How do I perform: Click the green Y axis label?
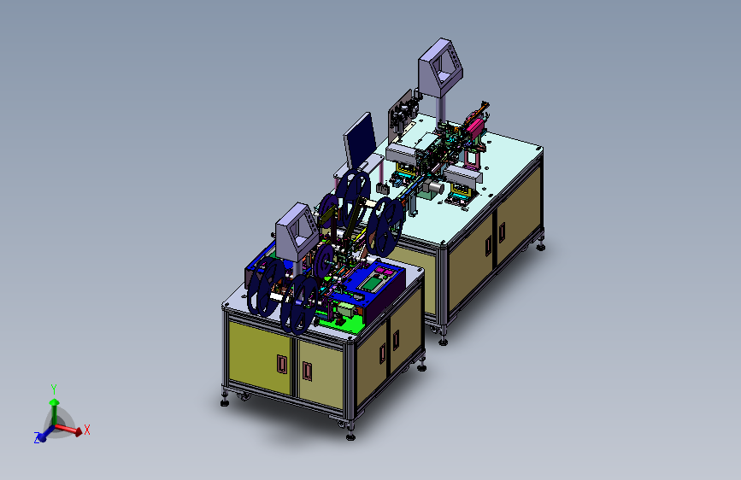coord(54,389)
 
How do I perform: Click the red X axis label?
coord(87,430)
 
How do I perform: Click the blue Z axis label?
coord(37,437)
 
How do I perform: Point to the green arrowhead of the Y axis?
coord(55,402)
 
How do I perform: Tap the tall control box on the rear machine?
coord(440,68)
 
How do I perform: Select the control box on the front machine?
coord(297,231)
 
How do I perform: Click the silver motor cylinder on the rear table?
coord(436,189)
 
